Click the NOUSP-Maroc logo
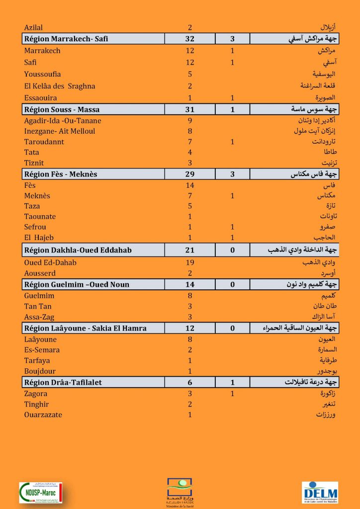pyautogui.click(x=40, y=492)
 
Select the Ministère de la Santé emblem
pyautogui.click(x=180, y=490)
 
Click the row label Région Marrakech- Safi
pyautogui.click(x=66, y=39)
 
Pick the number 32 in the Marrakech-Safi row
pyautogui.click(x=189, y=39)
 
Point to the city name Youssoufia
pyautogui.click(x=43, y=74)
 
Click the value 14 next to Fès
pyautogui.click(x=189, y=185)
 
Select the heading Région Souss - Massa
pyautogui.click(x=62, y=109)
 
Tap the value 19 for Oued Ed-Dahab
pyautogui.click(x=189, y=262)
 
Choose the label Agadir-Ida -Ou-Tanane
pyautogui.click(x=63, y=121)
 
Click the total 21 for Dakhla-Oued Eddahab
pyautogui.click(x=189, y=250)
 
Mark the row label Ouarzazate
pyautogui.click(x=43, y=415)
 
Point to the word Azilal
pyautogui.click(x=33, y=28)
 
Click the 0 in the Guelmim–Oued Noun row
pyautogui.click(x=232, y=285)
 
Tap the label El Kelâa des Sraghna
pyautogui.click(x=60, y=86)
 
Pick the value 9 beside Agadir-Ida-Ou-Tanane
pyautogui.click(x=190, y=121)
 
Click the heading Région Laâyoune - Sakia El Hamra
pyautogui.click(x=85, y=328)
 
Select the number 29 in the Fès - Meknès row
pyautogui.click(x=189, y=174)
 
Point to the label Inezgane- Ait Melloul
pyautogui.click(x=60, y=131)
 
